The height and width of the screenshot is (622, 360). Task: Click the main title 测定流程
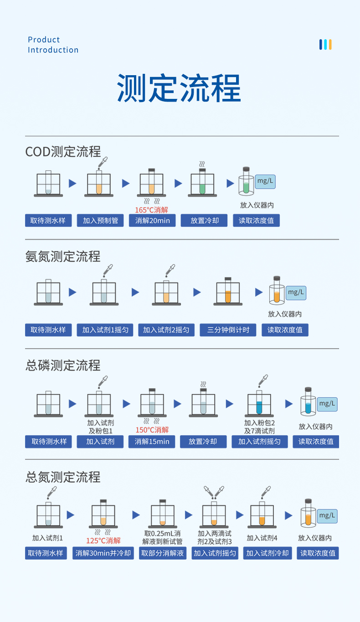[x=179, y=88]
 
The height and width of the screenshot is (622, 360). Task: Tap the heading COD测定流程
[x=63, y=151]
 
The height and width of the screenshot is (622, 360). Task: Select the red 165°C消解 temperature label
[x=152, y=210]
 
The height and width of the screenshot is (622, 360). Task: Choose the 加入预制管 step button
[x=100, y=221]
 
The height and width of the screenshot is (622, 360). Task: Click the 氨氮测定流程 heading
[x=63, y=257]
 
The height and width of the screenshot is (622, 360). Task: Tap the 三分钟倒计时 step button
[x=228, y=330]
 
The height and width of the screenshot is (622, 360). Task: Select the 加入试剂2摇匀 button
[x=166, y=330]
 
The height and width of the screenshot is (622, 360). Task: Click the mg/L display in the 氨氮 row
[x=296, y=292]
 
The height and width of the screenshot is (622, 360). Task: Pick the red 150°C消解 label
[x=152, y=430]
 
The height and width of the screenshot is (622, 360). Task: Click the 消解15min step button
[x=152, y=442]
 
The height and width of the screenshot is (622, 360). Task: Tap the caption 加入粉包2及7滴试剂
[x=259, y=427]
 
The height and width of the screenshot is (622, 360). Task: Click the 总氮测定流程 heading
[x=63, y=477]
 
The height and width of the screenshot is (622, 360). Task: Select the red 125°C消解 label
[x=103, y=540]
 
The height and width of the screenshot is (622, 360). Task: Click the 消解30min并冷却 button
[x=103, y=553]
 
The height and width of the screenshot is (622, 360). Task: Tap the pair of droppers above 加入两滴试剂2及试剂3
[x=214, y=492]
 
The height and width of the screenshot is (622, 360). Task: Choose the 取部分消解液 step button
[x=162, y=553]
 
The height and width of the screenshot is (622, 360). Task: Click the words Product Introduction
[x=53, y=45]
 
